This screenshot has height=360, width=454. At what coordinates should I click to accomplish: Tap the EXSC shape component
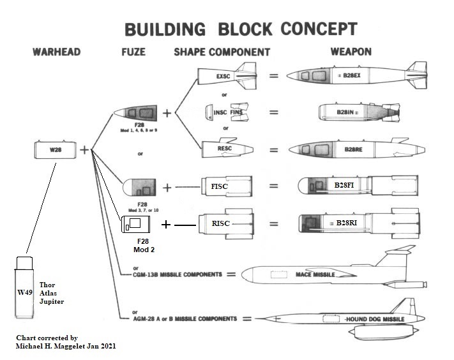(x=223, y=77)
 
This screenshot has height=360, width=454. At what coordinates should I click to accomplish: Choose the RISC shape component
(x=223, y=223)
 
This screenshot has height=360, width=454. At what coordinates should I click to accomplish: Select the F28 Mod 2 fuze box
(x=135, y=224)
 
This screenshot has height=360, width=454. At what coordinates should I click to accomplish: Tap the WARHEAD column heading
(x=56, y=52)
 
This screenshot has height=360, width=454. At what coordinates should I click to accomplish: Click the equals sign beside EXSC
(x=273, y=77)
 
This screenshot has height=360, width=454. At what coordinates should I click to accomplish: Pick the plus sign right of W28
(x=84, y=151)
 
